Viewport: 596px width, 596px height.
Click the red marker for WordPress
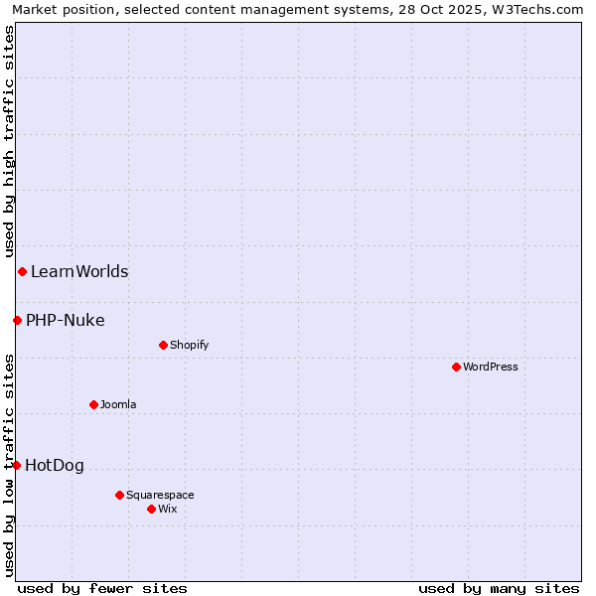click(456, 367)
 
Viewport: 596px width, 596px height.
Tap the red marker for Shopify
click(163, 345)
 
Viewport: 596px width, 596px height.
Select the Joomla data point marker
click(93, 404)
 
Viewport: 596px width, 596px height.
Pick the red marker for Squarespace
click(119, 495)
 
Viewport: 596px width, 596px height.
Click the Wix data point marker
click(151, 509)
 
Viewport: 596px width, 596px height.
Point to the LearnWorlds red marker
click(22, 271)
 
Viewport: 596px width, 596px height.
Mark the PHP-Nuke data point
click(17, 320)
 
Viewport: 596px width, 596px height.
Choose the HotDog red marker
click(16, 465)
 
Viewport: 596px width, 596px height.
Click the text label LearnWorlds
click(79, 271)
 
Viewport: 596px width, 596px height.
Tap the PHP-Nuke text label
click(66, 320)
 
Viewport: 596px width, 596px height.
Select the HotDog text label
click(55, 465)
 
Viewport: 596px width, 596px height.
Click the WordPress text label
click(491, 367)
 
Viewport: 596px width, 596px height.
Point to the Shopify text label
click(190, 345)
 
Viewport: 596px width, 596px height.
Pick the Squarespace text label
click(160, 495)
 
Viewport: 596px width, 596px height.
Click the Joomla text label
click(118, 404)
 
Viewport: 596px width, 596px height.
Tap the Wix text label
click(168, 509)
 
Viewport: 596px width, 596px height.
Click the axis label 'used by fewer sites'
click(102, 588)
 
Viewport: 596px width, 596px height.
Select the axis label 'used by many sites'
click(499, 588)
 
